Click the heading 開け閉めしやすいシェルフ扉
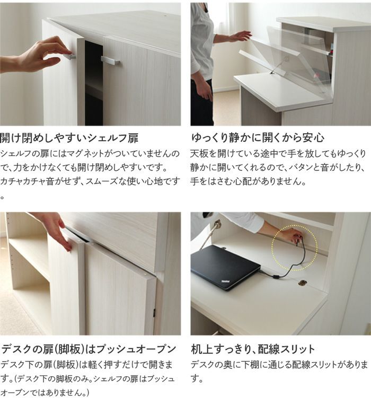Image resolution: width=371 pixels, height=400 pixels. (69, 138)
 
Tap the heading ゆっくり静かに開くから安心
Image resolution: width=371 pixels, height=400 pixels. (258, 138)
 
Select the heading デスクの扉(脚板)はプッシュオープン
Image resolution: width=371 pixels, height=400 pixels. (89, 349)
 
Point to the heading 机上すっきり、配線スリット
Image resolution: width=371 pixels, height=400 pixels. (253, 349)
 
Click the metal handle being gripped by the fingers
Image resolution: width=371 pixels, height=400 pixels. (69, 56)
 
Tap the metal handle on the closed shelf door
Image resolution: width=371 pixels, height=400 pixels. (110, 61)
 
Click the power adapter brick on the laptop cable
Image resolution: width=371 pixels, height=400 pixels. (276, 277)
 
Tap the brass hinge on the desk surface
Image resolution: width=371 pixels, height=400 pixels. (303, 283)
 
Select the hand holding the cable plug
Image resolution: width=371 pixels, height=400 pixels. (294, 235)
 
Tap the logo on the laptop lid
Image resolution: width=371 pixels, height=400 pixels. (225, 281)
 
